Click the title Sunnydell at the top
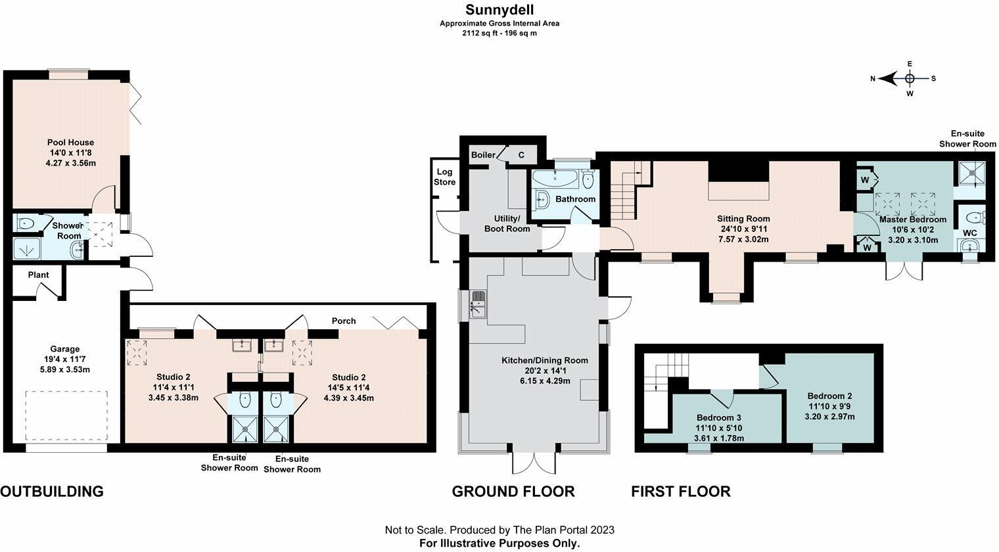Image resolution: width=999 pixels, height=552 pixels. point(499,9)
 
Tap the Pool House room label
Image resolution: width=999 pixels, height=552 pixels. point(70,143)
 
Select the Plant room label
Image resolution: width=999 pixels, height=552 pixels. point(38,275)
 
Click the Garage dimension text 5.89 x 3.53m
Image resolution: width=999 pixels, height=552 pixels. point(64,369)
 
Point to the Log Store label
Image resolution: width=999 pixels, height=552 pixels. point(445,177)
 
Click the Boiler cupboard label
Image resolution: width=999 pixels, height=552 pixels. point(483,155)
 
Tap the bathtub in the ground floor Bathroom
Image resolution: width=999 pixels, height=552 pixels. point(555,177)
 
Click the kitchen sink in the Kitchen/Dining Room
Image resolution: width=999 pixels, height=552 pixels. point(478,304)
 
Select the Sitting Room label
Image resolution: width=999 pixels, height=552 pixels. point(743,219)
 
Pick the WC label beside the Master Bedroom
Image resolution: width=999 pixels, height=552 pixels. point(970,233)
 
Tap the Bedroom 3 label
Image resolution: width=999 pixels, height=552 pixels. point(719,418)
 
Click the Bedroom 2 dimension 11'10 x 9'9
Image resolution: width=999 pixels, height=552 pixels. point(830,406)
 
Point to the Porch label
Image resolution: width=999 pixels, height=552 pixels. point(344,321)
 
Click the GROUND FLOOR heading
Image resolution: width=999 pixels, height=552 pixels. point(513,492)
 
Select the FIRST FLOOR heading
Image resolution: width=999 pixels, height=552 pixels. point(681,492)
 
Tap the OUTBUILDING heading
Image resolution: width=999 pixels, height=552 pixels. point(52,492)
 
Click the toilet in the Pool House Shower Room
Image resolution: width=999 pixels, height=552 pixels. point(26,223)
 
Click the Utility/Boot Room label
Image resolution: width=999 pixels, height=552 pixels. point(507,224)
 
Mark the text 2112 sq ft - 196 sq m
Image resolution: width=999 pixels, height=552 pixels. point(499,34)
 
